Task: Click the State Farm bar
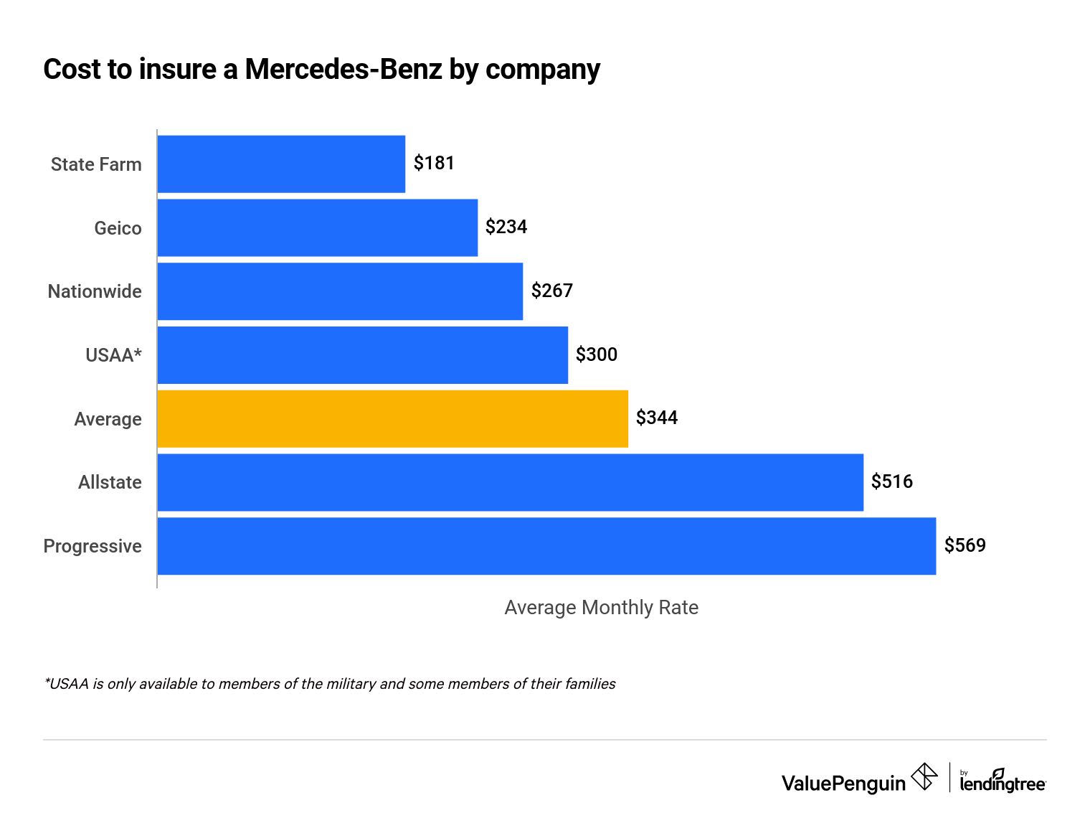pyautogui.click(x=281, y=164)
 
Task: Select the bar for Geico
pyautogui.click(x=317, y=227)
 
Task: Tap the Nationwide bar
pyautogui.click(x=340, y=291)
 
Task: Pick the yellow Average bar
pyautogui.click(x=392, y=418)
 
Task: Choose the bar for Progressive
pyautogui.click(x=546, y=546)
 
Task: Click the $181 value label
pyautogui.click(x=434, y=164)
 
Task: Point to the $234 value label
pyautogui.click(x=506, y=227)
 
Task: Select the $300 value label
pyautogui.click(x=597, y=354)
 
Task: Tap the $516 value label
pyautogui.click(x=892, y=481)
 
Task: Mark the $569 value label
pyautogui.click(x=965, y=545)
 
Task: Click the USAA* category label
pyautogui.click(x=113, y=355)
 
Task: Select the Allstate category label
pyautogui.click(x=110, y=482)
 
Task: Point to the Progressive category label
pyautogui.click(x=93, y=546)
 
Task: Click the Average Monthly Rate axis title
pyautogui.click(x=601, y=608)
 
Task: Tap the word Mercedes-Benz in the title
pyautogui.click(x=343, y=70)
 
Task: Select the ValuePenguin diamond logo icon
pyautogui.click(x=924, y=777)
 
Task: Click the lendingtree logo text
pyautogui.click(x=1003, y=784)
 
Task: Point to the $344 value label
pyautogui.click(x=657, y=418)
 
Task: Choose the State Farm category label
pyautogui.click(x=96, y=164)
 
